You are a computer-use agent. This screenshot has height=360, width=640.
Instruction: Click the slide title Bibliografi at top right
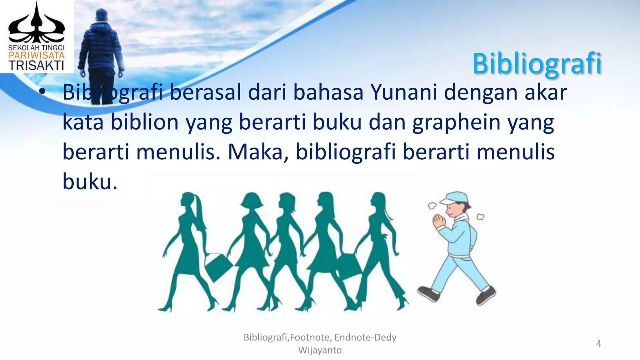pos(537,63)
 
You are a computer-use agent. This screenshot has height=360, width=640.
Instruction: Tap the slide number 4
pos(598,344)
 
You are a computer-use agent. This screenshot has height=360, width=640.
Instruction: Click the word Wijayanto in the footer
pos(320,350)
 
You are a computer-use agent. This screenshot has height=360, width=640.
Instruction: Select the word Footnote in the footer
pos(310,337)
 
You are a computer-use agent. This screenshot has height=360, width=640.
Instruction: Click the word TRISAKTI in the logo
pos(36,65)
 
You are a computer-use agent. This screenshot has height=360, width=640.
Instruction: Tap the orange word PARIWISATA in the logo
pos(36,56)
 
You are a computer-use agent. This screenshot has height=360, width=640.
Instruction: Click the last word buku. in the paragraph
pos(90,182)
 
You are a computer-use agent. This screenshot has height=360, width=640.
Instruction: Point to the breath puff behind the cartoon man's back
pos(480,216)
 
